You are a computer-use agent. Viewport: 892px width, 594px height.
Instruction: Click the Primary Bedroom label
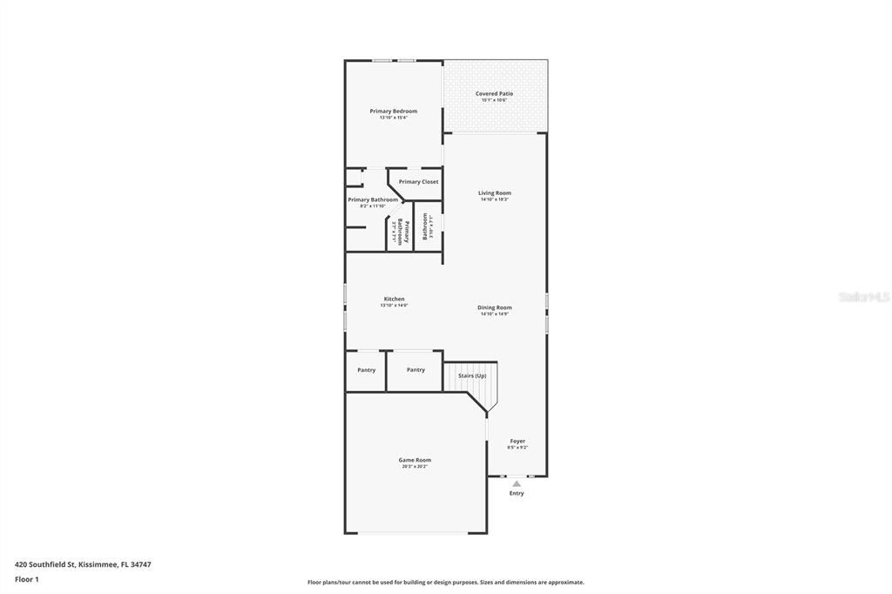393,111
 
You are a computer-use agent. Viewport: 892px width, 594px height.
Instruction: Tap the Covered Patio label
494,93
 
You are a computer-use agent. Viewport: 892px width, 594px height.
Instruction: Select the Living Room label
494,192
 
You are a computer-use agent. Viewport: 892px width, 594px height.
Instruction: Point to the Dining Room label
494,307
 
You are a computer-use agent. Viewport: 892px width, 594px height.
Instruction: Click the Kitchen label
394,299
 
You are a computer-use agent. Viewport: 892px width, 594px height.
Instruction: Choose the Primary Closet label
418,181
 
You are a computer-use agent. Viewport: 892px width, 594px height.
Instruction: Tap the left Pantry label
366,369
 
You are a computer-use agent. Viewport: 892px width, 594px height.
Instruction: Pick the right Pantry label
416,369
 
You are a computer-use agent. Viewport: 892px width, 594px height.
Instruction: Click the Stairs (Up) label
472,375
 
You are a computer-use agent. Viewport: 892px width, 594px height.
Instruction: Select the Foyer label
517,441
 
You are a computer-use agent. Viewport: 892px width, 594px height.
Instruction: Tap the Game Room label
415,460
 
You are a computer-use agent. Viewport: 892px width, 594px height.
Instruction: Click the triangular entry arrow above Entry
517,483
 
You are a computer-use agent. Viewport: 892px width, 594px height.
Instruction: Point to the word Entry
517,493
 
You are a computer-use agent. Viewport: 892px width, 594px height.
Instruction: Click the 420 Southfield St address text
83,564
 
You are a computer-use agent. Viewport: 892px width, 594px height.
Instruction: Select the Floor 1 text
26,578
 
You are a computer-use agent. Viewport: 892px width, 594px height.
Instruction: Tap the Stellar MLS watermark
864,297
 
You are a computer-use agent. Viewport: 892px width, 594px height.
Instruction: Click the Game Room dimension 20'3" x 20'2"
415,467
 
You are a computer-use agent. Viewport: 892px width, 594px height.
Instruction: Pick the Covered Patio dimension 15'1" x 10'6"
494,100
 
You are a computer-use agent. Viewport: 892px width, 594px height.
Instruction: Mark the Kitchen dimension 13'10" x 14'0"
394,306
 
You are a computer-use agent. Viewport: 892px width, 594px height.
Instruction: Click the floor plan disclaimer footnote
445,582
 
